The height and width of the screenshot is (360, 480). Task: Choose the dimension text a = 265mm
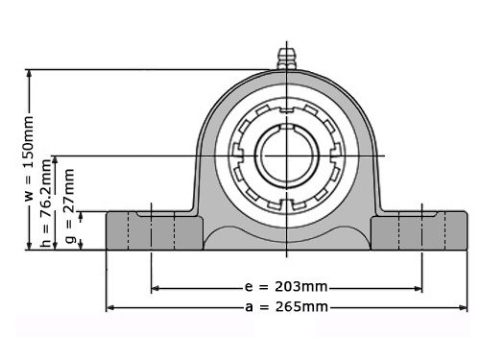(287, 307)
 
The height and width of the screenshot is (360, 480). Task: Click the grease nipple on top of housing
(286, 57)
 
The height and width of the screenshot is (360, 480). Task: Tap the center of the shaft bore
(287, 155)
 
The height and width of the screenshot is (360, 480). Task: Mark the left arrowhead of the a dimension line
(109, 307)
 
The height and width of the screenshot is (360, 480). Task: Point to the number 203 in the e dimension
(300, 287)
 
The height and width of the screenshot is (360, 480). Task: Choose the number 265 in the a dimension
(300, 307)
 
